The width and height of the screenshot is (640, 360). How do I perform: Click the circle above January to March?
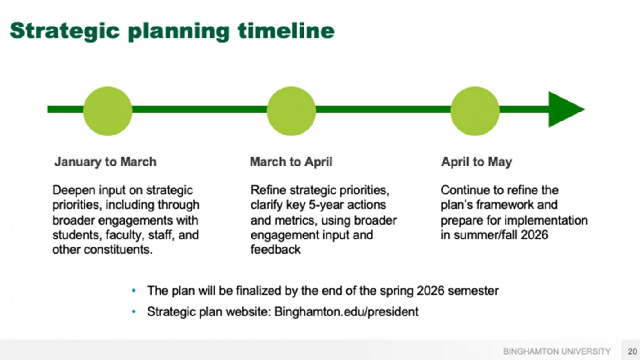pyautogui.click(x=107, y=111)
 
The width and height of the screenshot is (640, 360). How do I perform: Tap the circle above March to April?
pyautogui.click(x=291, y=111)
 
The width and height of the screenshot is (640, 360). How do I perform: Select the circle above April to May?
pyautogui.click(x=475, y=111)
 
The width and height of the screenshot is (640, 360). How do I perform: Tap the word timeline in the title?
pyautogui.click(x=286, y=30)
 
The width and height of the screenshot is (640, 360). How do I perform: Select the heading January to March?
pyautogui.click(x=105, y=162)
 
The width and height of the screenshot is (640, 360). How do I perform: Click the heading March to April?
pyautogui.click(x=291, y=162)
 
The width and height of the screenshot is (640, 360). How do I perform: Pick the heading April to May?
pyautogui.click(x=477, y=162)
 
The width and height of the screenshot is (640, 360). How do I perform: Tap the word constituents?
pyautogui.click(x=118, y=250)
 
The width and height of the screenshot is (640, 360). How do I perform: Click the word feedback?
pyautogui.click(x=275, y=250)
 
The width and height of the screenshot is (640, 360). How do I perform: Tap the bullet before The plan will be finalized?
pyautogui.click(x=134, y=291)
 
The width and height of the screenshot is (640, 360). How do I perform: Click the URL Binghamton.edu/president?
pyautogui.click(x=346, y=312)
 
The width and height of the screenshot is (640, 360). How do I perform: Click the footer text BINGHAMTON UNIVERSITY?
pyautogui.click(x=557, y=351)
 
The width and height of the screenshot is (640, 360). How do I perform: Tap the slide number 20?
pyautogui.click(x=632, y=351)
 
